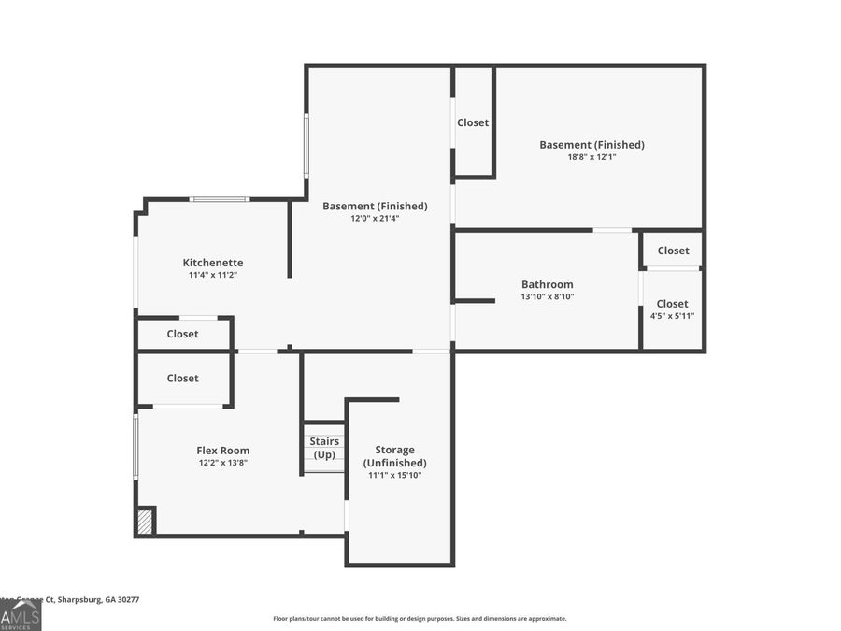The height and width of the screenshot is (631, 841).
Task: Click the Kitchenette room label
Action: click(213, 263)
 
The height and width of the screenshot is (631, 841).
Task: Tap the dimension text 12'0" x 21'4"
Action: click(375, 218)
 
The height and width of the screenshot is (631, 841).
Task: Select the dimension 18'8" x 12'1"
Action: click(592, 157)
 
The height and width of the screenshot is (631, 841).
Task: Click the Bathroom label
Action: click(548, 284)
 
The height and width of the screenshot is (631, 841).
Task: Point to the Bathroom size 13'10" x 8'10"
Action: click(548, 296)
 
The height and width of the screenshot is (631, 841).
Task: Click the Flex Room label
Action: click(223, 451)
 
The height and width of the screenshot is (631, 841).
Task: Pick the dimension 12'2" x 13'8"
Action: click(223, 462)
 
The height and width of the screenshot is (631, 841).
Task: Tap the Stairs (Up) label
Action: click(324, 448)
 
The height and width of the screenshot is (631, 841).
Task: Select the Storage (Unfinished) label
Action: click(394, 456)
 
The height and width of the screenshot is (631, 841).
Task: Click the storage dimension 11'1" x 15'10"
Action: click(394, 475)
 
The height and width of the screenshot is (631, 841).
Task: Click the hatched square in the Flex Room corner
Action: click(145, 522)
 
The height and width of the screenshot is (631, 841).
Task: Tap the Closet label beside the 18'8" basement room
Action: click(473, 122)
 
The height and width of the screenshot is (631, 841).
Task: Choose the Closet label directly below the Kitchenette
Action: click(182, 334)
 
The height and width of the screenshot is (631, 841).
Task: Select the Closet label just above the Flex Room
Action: click(182, 379)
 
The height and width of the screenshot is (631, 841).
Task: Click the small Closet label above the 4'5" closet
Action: click(673, 251)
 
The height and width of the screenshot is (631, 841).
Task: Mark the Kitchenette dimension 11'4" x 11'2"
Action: click(213, 275)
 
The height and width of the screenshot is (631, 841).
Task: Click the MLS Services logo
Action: click(21, 617)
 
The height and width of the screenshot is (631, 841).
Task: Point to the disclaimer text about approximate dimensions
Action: click(420, 618)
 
